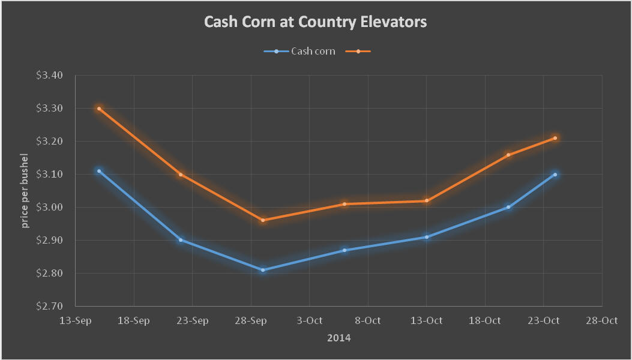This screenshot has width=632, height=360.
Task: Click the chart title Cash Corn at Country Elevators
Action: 315,22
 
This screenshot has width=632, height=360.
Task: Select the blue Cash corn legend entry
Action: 299,51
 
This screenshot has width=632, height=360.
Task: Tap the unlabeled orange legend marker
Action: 358,51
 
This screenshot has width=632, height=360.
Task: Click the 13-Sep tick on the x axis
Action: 75,320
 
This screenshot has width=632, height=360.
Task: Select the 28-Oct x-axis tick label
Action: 601,320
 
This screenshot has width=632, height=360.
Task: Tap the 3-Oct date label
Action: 309,320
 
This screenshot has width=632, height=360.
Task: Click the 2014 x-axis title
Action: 339,338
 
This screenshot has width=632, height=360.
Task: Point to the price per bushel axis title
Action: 25,190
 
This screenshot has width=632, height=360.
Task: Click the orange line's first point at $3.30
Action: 99,109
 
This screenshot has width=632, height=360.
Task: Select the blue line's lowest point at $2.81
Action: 262,270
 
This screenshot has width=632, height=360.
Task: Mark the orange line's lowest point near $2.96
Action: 262,220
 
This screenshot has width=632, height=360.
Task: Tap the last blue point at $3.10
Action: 555,175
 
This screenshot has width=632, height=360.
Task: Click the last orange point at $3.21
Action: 555,138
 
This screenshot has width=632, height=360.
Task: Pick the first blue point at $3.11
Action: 99,171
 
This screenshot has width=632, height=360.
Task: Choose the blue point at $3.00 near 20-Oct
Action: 508,207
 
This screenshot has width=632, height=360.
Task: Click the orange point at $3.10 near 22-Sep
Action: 181,175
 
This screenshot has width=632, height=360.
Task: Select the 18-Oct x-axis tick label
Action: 484,320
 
